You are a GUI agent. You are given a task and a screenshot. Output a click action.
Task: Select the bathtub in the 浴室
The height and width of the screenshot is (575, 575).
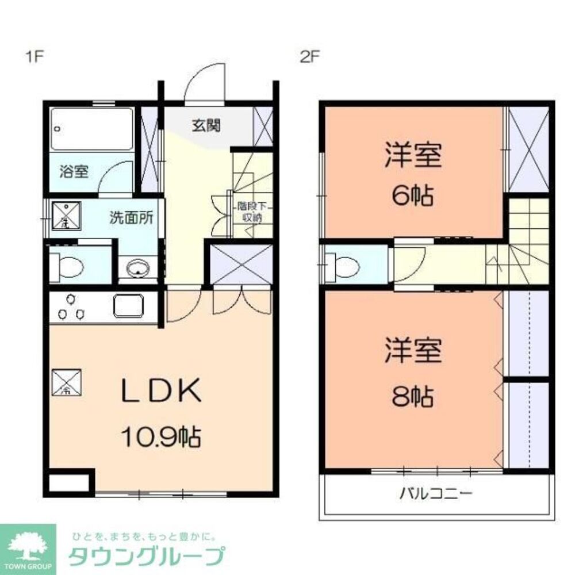click(92, 129)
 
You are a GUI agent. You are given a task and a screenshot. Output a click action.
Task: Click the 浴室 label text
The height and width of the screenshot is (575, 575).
click(75, 171)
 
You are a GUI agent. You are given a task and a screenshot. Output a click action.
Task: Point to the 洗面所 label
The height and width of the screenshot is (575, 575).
click(132, 218)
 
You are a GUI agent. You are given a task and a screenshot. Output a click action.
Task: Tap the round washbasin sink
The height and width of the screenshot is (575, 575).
click(138, 268)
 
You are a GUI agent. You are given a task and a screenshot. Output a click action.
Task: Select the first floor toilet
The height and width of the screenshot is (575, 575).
click(67, 267)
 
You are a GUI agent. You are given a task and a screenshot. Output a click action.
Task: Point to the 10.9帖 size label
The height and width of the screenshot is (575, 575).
click(160, 439)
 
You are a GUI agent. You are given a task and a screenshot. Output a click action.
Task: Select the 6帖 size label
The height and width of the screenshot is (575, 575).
click(413, 197)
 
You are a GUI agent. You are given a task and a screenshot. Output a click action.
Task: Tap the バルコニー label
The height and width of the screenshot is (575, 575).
click(436, 493)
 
